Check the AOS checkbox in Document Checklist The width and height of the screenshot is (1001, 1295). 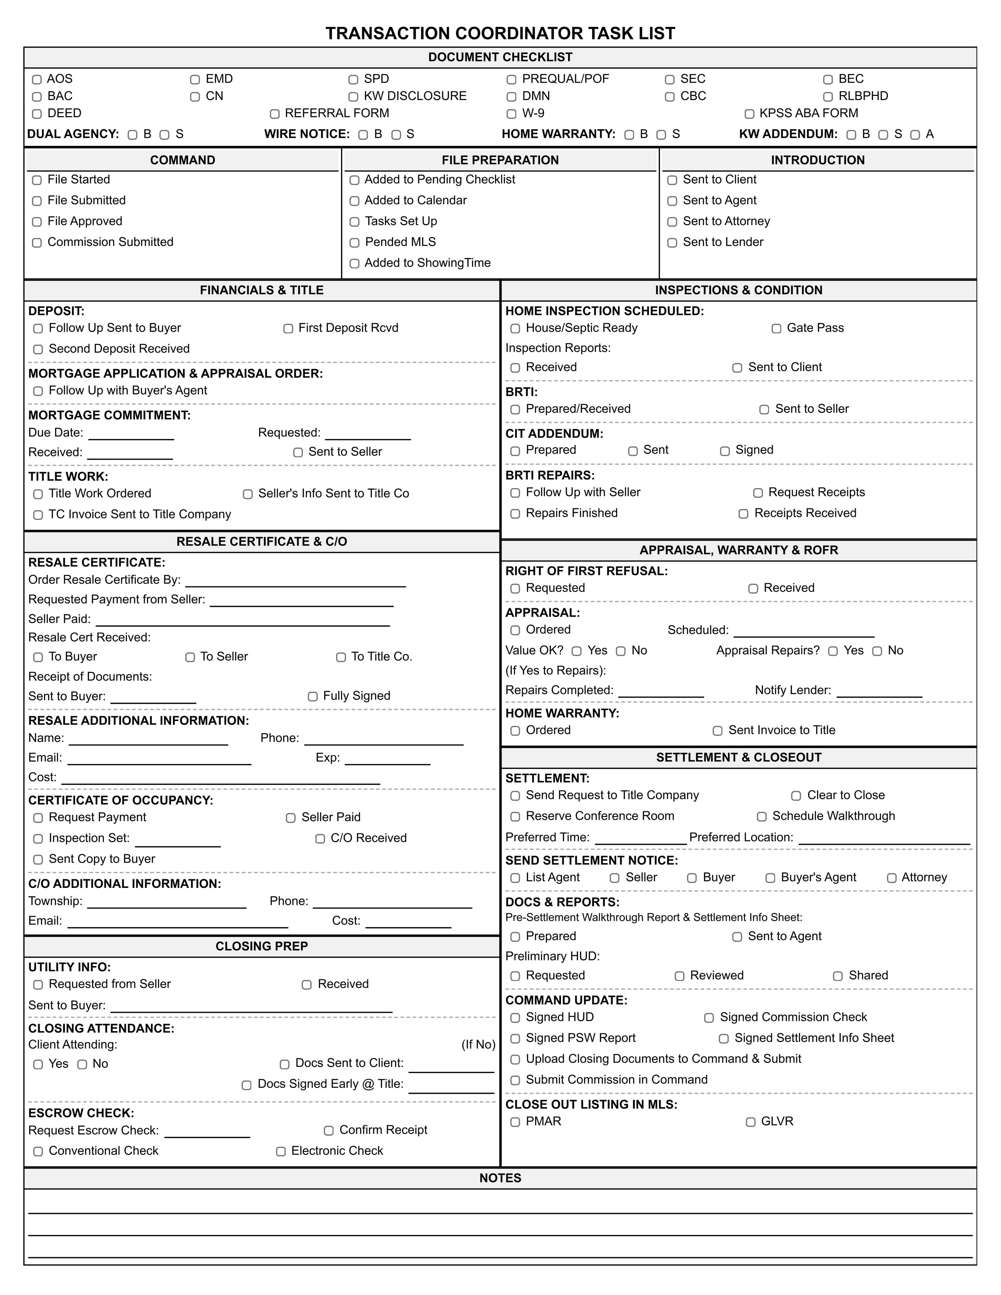(37, 79)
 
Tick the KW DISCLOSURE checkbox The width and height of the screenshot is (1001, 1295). (353, 97)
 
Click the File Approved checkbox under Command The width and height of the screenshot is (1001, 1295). (37, 222)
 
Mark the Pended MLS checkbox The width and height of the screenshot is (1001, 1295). (355, 243)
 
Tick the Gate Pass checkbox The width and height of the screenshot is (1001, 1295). (776, 328)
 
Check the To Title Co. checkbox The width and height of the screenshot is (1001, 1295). (341, 657)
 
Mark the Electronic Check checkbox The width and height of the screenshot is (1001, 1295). (281, 1151)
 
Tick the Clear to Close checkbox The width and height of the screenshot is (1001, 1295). (796, 796)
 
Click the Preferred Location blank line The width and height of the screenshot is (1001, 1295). (884, 838)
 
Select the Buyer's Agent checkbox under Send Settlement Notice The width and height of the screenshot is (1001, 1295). (770, 878)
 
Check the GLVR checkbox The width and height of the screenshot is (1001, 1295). (751, 1122)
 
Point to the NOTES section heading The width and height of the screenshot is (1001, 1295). (500, 1178)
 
